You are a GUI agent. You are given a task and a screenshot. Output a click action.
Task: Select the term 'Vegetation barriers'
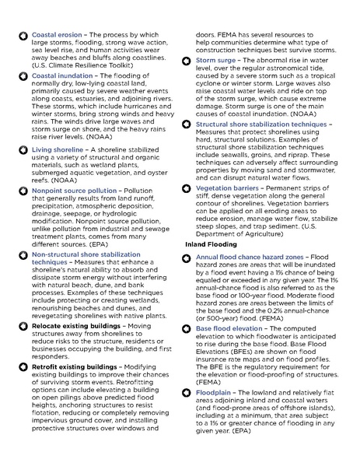[231, 187]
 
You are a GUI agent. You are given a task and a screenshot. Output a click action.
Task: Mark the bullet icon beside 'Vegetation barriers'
[187, 187]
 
